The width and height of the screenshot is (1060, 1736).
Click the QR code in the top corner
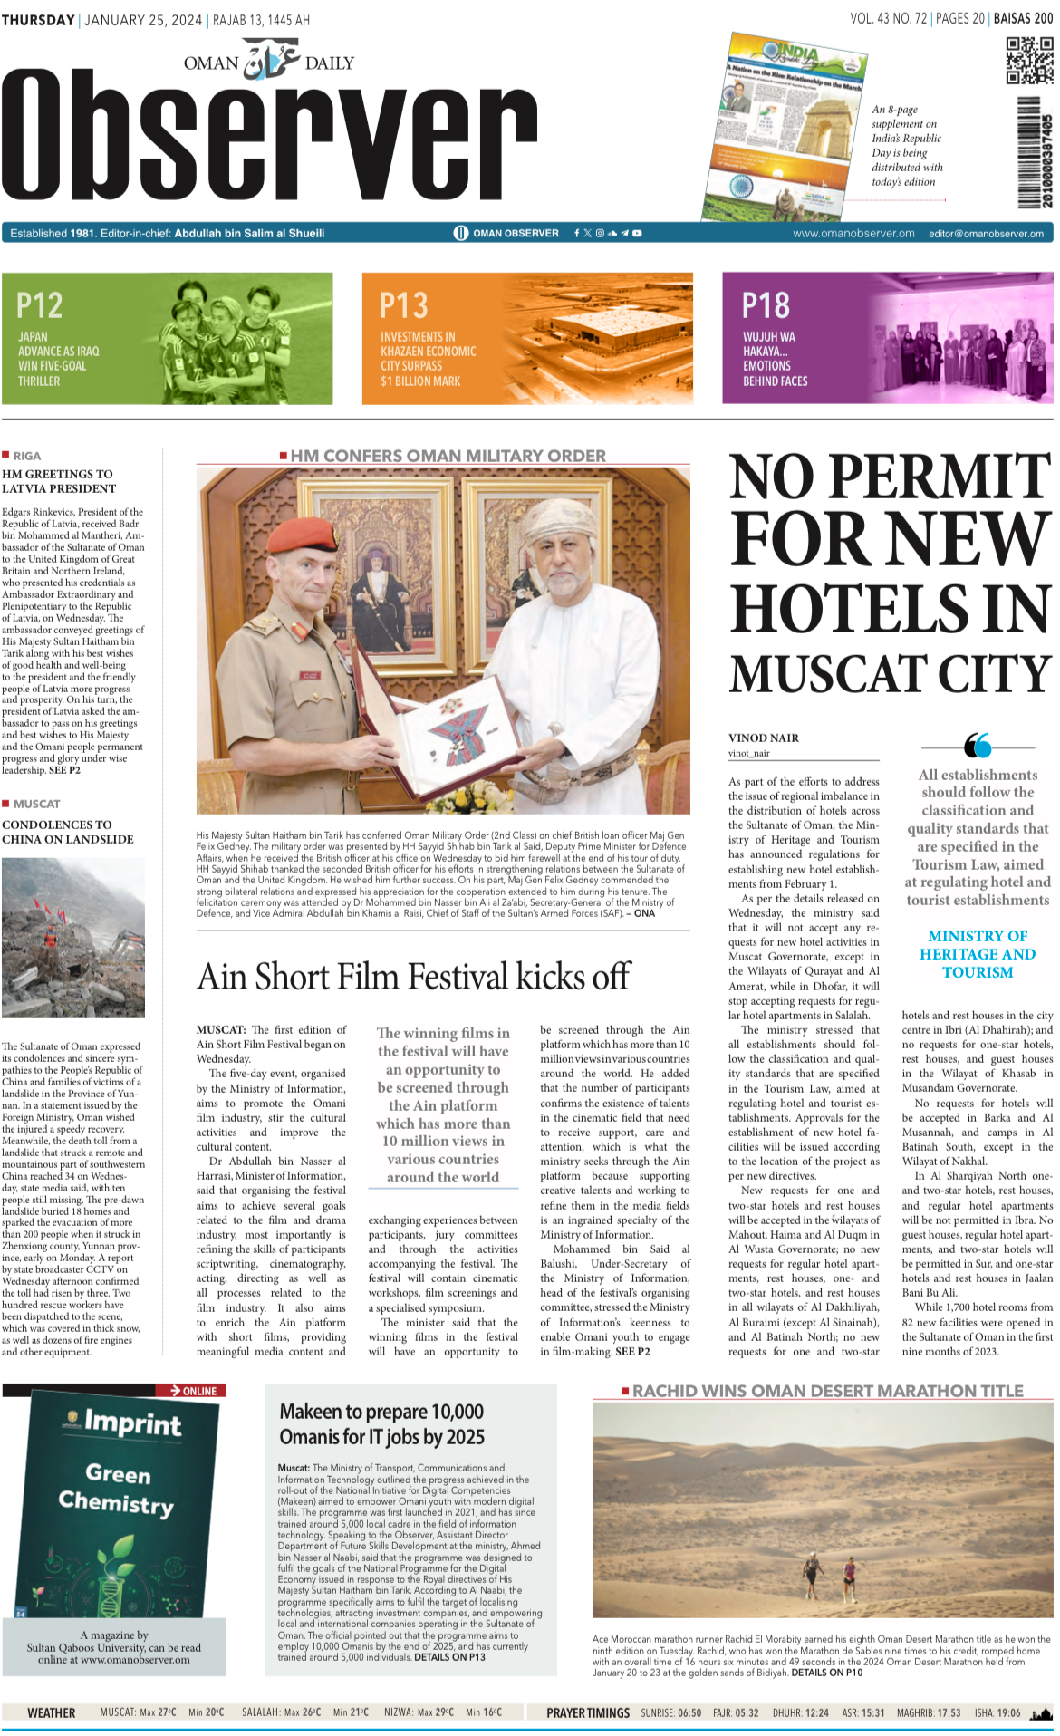coord(1029,60)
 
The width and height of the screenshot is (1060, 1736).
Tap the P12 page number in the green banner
coord(39,305)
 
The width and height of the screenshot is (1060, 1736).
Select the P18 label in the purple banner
coord(766,305)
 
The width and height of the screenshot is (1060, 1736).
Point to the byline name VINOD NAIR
coord(763,738)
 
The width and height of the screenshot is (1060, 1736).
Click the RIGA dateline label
coord(27,456)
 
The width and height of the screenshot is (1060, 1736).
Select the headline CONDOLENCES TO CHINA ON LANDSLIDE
coord(68,832)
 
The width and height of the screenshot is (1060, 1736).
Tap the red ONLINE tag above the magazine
coord(192,1390)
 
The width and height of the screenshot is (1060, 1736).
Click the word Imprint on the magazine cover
coord(132,1423)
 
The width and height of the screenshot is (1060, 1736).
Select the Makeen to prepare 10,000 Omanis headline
coord(381,1424)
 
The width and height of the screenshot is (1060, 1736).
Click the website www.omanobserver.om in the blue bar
coord(853,233)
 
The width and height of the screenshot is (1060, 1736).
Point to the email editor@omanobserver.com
coord(985,233)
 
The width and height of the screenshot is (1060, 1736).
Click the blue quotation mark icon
coord(978,745)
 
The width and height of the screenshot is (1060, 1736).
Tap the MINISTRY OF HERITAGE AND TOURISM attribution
coord(977,954)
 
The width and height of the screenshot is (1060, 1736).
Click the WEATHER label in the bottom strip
coord(52,1712)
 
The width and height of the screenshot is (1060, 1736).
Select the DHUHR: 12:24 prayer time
coord(800,1712)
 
